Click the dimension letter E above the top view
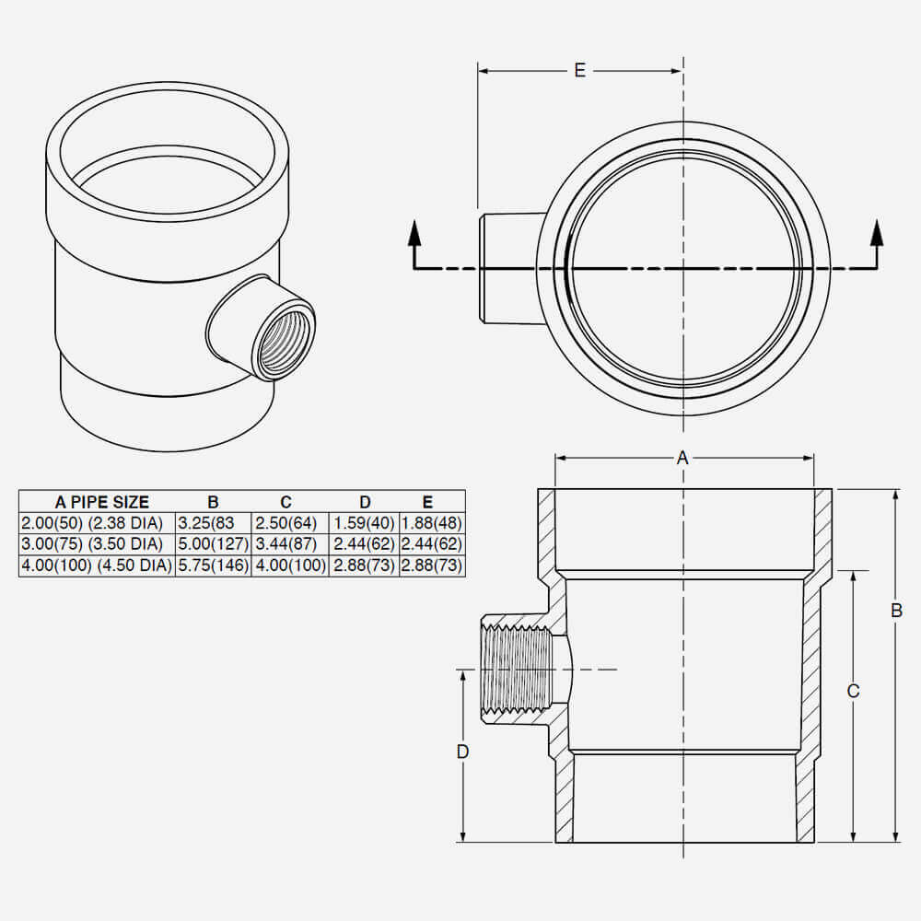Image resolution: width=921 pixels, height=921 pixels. coord(579,71)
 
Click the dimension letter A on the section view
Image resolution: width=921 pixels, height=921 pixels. coord(682,458)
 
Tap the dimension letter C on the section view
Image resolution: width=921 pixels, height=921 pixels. coord(853,692)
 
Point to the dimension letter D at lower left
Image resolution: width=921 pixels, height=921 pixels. coord(462,752)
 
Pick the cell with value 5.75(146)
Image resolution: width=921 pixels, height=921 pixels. coord(213,565)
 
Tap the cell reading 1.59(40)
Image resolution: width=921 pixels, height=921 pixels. coord(364,523)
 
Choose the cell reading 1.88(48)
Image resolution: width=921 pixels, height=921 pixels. coord(431,523)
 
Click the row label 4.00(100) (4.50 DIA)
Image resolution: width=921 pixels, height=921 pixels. coord(97,565)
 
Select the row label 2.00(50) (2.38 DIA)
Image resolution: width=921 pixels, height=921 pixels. coord(97,523)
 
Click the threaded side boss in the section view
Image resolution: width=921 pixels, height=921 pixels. coord(515,669)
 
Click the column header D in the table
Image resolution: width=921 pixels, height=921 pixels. coord(365,502)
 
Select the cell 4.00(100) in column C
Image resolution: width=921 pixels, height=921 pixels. coord(289,565)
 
